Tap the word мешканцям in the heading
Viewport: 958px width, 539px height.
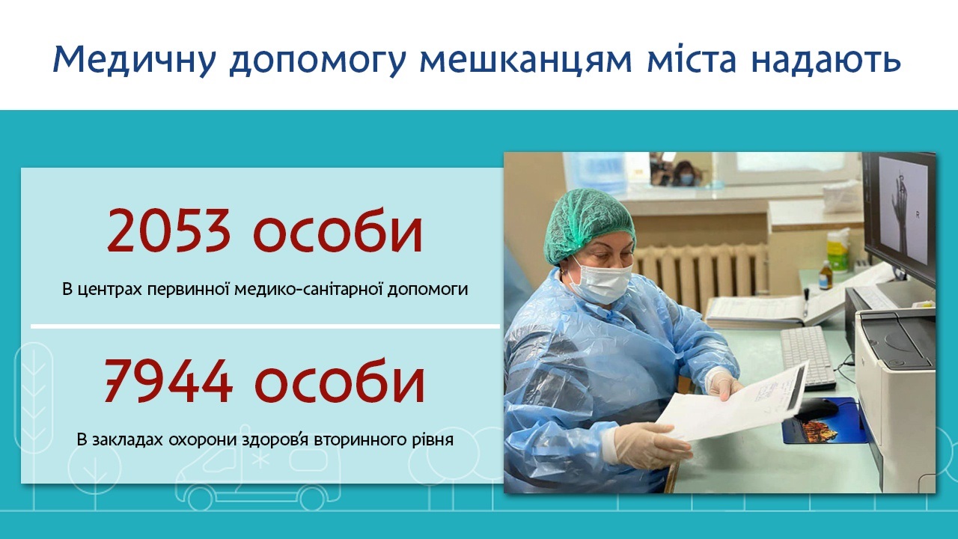pyautogui.click(x=526, y=61)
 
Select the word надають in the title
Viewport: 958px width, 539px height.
pyautogui.click(x=826, y=59)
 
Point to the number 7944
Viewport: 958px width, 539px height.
pyautogui.click(x=168, y=381)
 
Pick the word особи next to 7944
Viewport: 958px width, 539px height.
pyautogui.click(x=340, y=381)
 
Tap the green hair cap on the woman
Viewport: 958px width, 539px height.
pyautogui.click(x=588, y=225)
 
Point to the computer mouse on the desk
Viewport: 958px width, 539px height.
pyautogui.click(x=817, y=408)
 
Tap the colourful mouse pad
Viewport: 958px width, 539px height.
pyautogui.click(x=826, y=421)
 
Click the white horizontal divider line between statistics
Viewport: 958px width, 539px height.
pyautogui.click(x=265, y=327)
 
